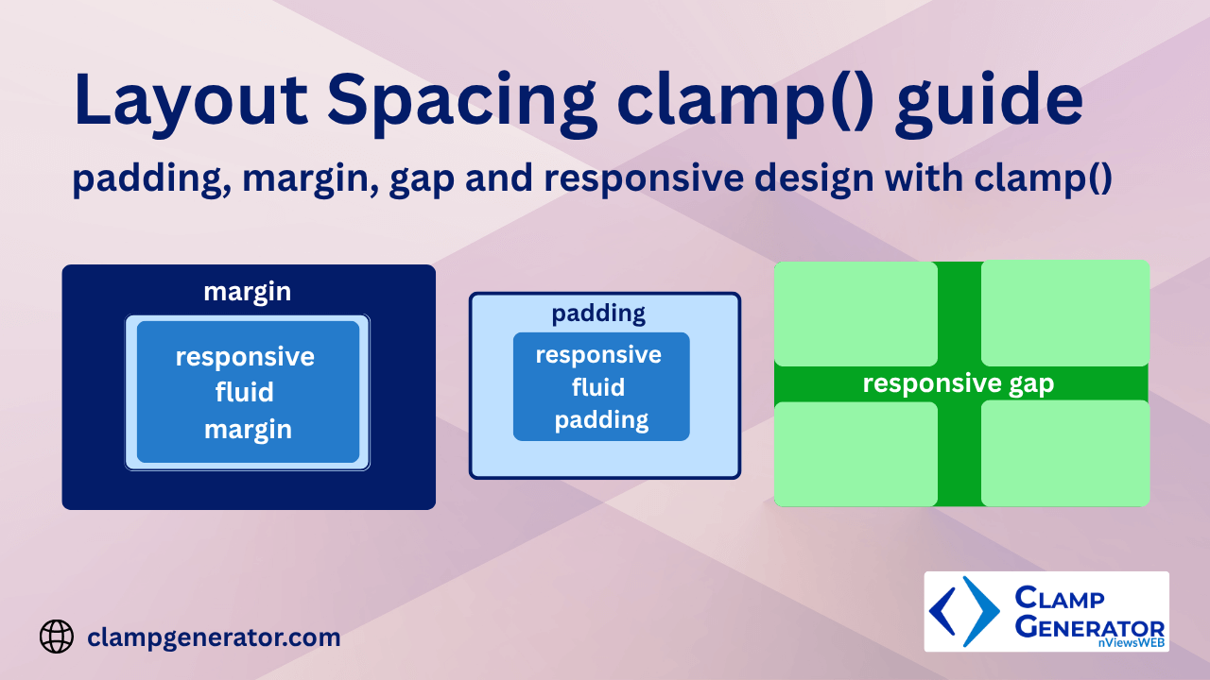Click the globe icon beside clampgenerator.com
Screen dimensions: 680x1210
tap(57, 637)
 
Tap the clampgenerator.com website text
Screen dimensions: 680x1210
tap(214, 637)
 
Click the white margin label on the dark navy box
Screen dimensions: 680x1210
tap(248, 292)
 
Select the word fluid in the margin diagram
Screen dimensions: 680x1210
tap(245, 393)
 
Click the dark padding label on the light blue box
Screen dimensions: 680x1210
tap(598, 313)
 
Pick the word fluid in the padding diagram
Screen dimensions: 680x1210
tap(598, 387)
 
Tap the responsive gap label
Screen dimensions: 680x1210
tap(958, 383)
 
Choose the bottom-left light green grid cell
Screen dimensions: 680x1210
tap(856, 454)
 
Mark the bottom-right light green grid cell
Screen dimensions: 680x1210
tap(1065, 454)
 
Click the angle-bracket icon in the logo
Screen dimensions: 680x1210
tap(964, 610)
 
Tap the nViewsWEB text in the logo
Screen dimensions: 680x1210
tap(1132, 643)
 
